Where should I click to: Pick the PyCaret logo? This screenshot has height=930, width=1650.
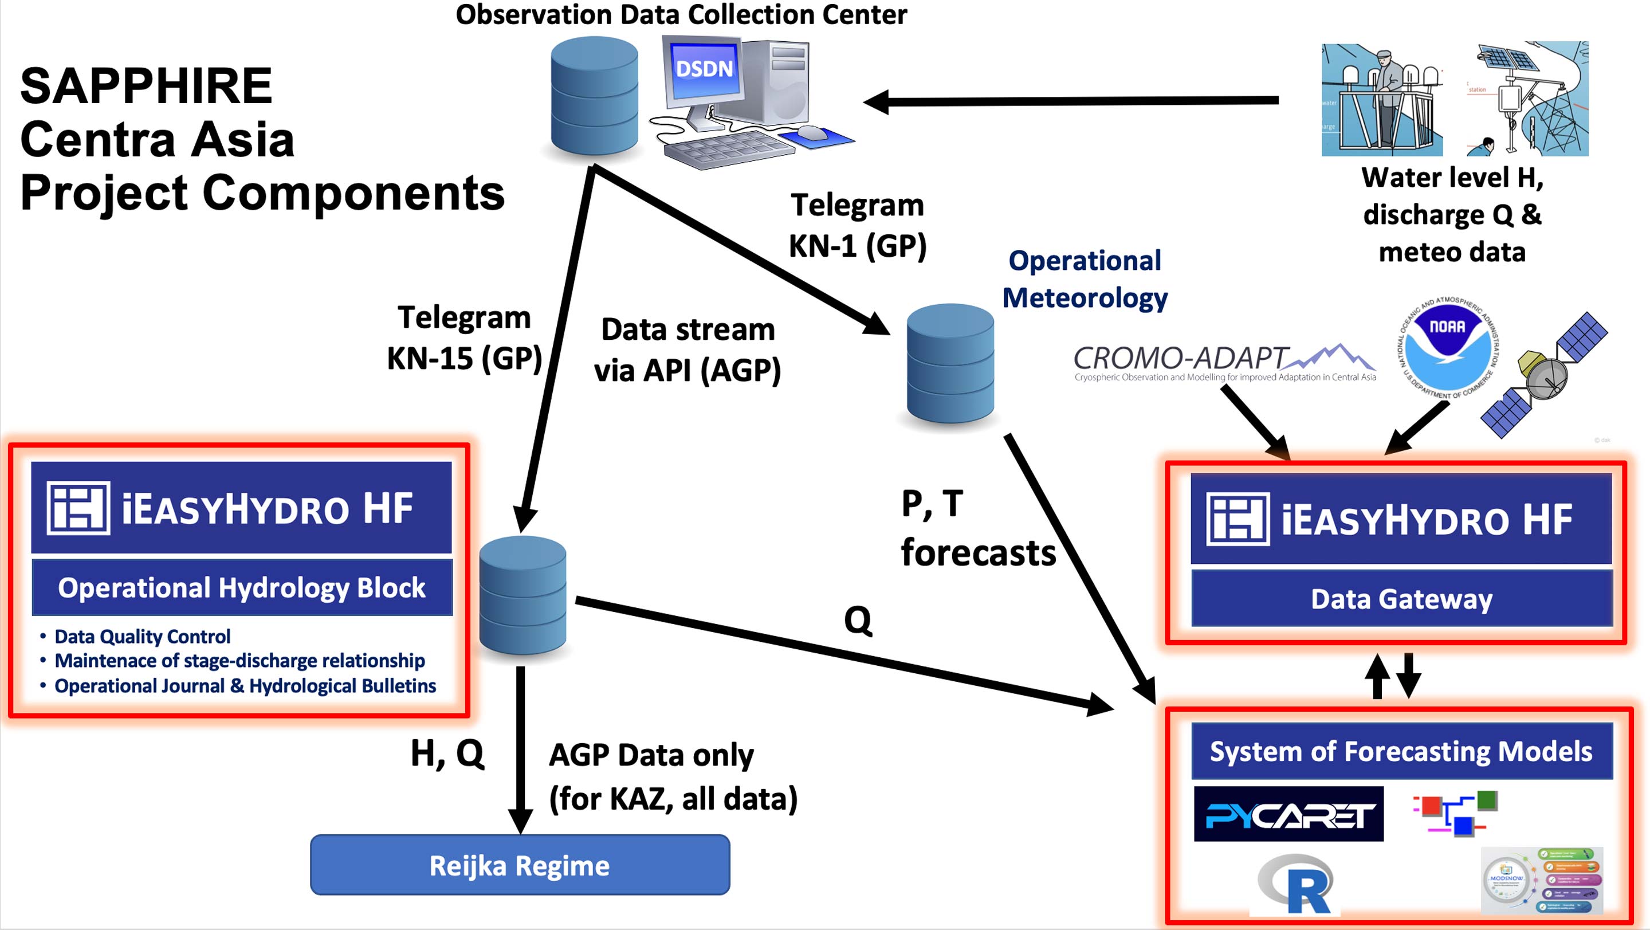1288,814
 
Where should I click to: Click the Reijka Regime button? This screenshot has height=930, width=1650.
520,865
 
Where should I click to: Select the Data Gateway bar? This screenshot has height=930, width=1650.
1401,599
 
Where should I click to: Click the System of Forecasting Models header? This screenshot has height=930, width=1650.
1401,751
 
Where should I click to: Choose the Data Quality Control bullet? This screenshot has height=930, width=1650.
142,636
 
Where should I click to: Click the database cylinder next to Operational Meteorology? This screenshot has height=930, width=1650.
950,363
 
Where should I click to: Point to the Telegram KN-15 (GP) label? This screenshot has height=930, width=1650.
465,338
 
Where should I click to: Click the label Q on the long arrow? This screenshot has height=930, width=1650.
858,620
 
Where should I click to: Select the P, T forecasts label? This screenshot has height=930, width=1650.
977,528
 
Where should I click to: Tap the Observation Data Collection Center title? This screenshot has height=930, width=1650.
681,14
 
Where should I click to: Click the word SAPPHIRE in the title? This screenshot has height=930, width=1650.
146,87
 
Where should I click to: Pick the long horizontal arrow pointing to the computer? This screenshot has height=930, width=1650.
1070,100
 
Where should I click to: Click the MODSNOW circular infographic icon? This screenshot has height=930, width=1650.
1507,881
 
